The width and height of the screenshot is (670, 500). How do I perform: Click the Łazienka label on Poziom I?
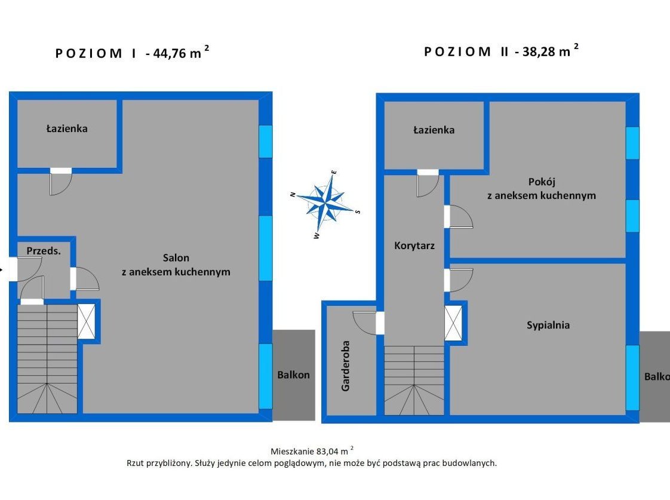point(67,128)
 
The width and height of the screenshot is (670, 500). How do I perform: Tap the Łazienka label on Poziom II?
point(434,130)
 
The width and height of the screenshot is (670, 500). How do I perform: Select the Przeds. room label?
point(44,251)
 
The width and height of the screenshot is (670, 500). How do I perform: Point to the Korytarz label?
point(414,246)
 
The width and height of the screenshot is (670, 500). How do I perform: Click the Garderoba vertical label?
point(345,366)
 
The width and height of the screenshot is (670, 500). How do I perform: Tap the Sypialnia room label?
point(548,325)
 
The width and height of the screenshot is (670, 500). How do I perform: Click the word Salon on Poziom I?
point(176,257)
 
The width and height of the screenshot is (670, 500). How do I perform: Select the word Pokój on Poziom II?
point(542,182)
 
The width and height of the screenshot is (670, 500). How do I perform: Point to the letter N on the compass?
point(293,195)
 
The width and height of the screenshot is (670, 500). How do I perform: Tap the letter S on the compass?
point(358,211)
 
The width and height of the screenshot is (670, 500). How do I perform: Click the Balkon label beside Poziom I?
point(294,375)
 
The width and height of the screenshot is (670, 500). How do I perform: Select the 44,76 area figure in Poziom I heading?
point(170,53)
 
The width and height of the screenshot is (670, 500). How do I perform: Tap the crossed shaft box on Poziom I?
point(87,321)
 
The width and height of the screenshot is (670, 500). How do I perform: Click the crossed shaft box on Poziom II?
point(453,323)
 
